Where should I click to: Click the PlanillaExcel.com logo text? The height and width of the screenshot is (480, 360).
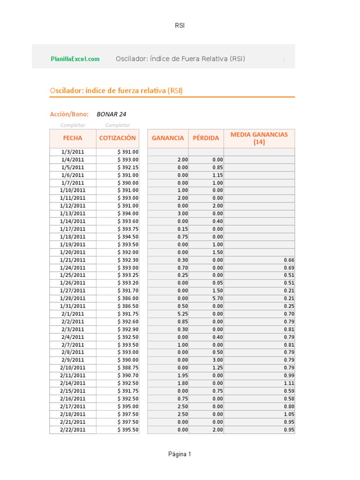(75, 59)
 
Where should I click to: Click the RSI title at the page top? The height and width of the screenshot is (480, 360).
(180, 25)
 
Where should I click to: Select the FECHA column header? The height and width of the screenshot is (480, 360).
(73, 138)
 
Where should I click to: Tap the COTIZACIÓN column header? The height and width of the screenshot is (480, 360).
(117, 138)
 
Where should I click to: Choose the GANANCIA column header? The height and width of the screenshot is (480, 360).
(168, 138)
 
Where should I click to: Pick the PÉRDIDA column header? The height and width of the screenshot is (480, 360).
(206, 138)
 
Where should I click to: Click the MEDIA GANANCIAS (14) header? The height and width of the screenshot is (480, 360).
(259, 138)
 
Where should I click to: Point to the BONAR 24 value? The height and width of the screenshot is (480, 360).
(111, 114)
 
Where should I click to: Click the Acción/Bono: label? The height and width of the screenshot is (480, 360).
(69, 114)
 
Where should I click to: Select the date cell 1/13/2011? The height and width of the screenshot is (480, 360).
(73, 213)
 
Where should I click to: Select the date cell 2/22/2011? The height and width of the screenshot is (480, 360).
(73, 429)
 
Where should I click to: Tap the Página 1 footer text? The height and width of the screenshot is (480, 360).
(180, 454)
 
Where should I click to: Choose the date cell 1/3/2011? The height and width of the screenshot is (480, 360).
(73, 152)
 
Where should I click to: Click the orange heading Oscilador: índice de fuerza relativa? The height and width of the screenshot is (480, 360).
(116, 90)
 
